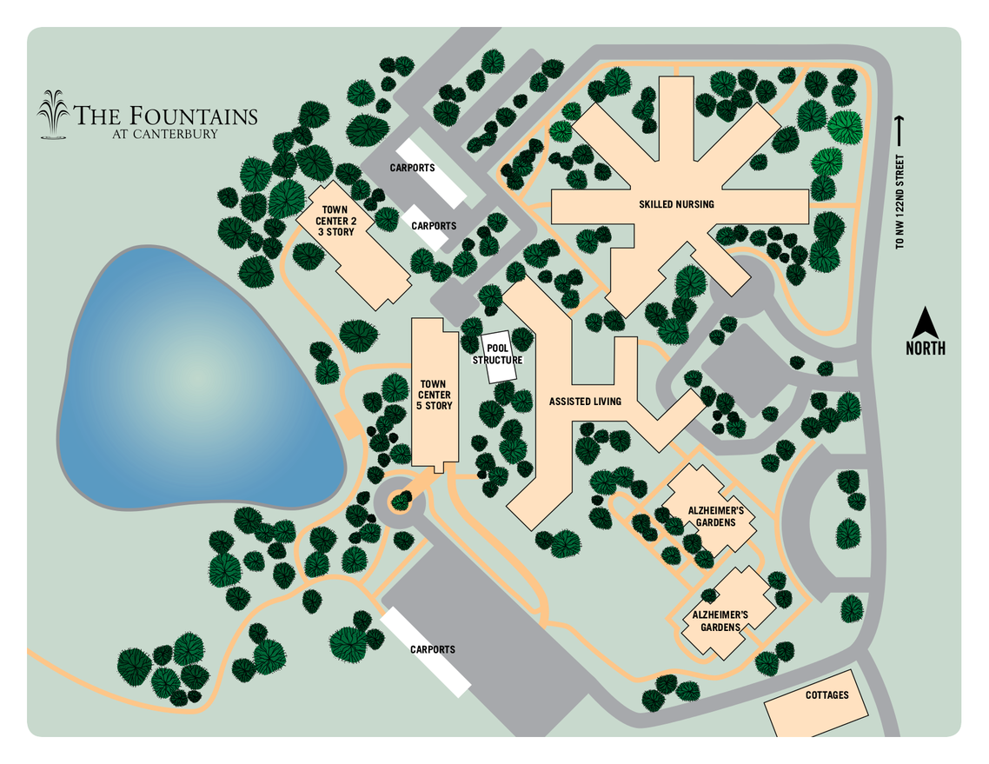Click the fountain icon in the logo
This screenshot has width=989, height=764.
54,114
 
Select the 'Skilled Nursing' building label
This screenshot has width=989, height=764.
676,204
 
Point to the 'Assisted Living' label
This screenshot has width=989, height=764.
585,402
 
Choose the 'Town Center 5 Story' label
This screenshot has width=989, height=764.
433,395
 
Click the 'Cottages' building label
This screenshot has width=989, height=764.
826,695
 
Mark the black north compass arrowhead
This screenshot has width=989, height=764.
926,323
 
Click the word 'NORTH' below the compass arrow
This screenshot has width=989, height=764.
926,349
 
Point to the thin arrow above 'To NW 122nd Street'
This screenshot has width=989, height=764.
900,130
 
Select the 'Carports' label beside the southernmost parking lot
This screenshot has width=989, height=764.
432,649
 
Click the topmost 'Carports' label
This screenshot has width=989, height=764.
412,168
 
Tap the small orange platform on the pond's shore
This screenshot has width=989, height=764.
348,424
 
